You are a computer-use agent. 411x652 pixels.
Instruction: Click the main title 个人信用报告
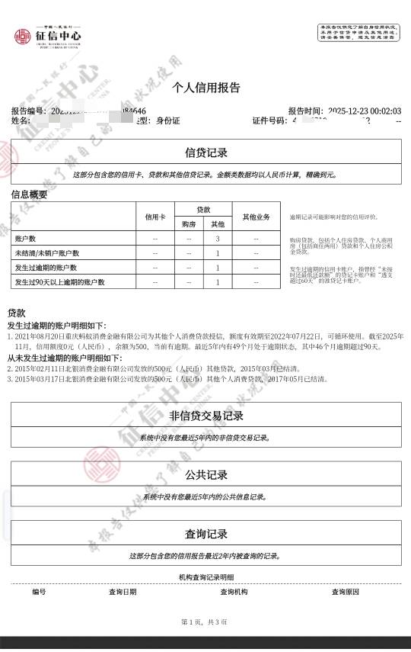coord(206,87)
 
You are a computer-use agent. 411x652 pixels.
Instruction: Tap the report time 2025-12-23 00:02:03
coord(359,111)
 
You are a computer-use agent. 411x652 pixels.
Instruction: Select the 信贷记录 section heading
coord(206,153)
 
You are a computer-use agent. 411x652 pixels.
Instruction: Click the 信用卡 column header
coord(155,217)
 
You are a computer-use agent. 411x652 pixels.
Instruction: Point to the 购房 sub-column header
coord(188,224)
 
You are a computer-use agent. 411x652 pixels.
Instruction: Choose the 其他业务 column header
coord(256,217)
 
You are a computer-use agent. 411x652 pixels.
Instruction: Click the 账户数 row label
coord(26,239)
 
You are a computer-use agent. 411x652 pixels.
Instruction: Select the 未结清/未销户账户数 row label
coord(46,253)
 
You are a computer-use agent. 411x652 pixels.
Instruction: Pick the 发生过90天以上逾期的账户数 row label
coord(59,282)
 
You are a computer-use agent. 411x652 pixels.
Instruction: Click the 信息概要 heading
coord(29,194)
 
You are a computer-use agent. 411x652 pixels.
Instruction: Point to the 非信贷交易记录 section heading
coord(206,416)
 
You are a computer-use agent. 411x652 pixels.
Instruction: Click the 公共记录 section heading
coord(206,474)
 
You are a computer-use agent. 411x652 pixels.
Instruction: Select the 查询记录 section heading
coord(206,534)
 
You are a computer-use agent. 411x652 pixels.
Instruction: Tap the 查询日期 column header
coord(123,592)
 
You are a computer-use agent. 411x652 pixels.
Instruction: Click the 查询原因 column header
coord(345,592)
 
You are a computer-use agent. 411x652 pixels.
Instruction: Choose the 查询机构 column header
coord(234,592)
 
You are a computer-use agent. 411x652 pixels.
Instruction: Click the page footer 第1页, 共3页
coord(205,622)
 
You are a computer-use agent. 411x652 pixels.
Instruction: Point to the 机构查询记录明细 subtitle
coord(206,577)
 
